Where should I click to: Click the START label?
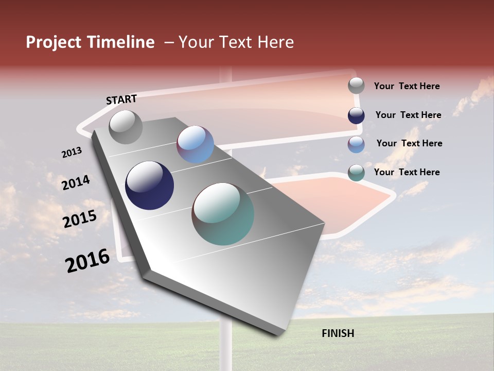pyautogui.click(x=121, y=99)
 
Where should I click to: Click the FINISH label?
pyautogui.click(x=338, y=333)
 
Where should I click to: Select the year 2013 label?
pyautogui.click(x=72, y=153)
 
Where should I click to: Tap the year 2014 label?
pyautogui.click(x=76, y=182)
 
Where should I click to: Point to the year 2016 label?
pyautogui.click(x=87, y=260)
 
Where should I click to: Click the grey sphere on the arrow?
pyautogui.click(x=126, y=127)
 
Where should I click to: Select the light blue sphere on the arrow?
pyautogui.click(x=195, y=144)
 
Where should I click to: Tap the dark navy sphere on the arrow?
pyautogui.click(x=149, y=185)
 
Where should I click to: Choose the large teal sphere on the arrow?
pyautogui.click(x=223, y=214)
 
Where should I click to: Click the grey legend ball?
pyautogui.click(x=356, y=86)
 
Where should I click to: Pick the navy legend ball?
pyautogui.click(x=356, y=115)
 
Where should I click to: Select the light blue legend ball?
pyautogui.click(x=356, y=144)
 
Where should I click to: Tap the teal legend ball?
pyautogui.click(x=356, y=173)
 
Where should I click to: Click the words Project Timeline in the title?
pyautogui.click(x=90, y=42)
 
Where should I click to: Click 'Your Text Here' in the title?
pyautogui.click(x=236, y=42)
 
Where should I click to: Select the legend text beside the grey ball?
pyautogui.click(x=407, y=86)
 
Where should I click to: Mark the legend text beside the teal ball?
pyautogui.click(x=407, y=172)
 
